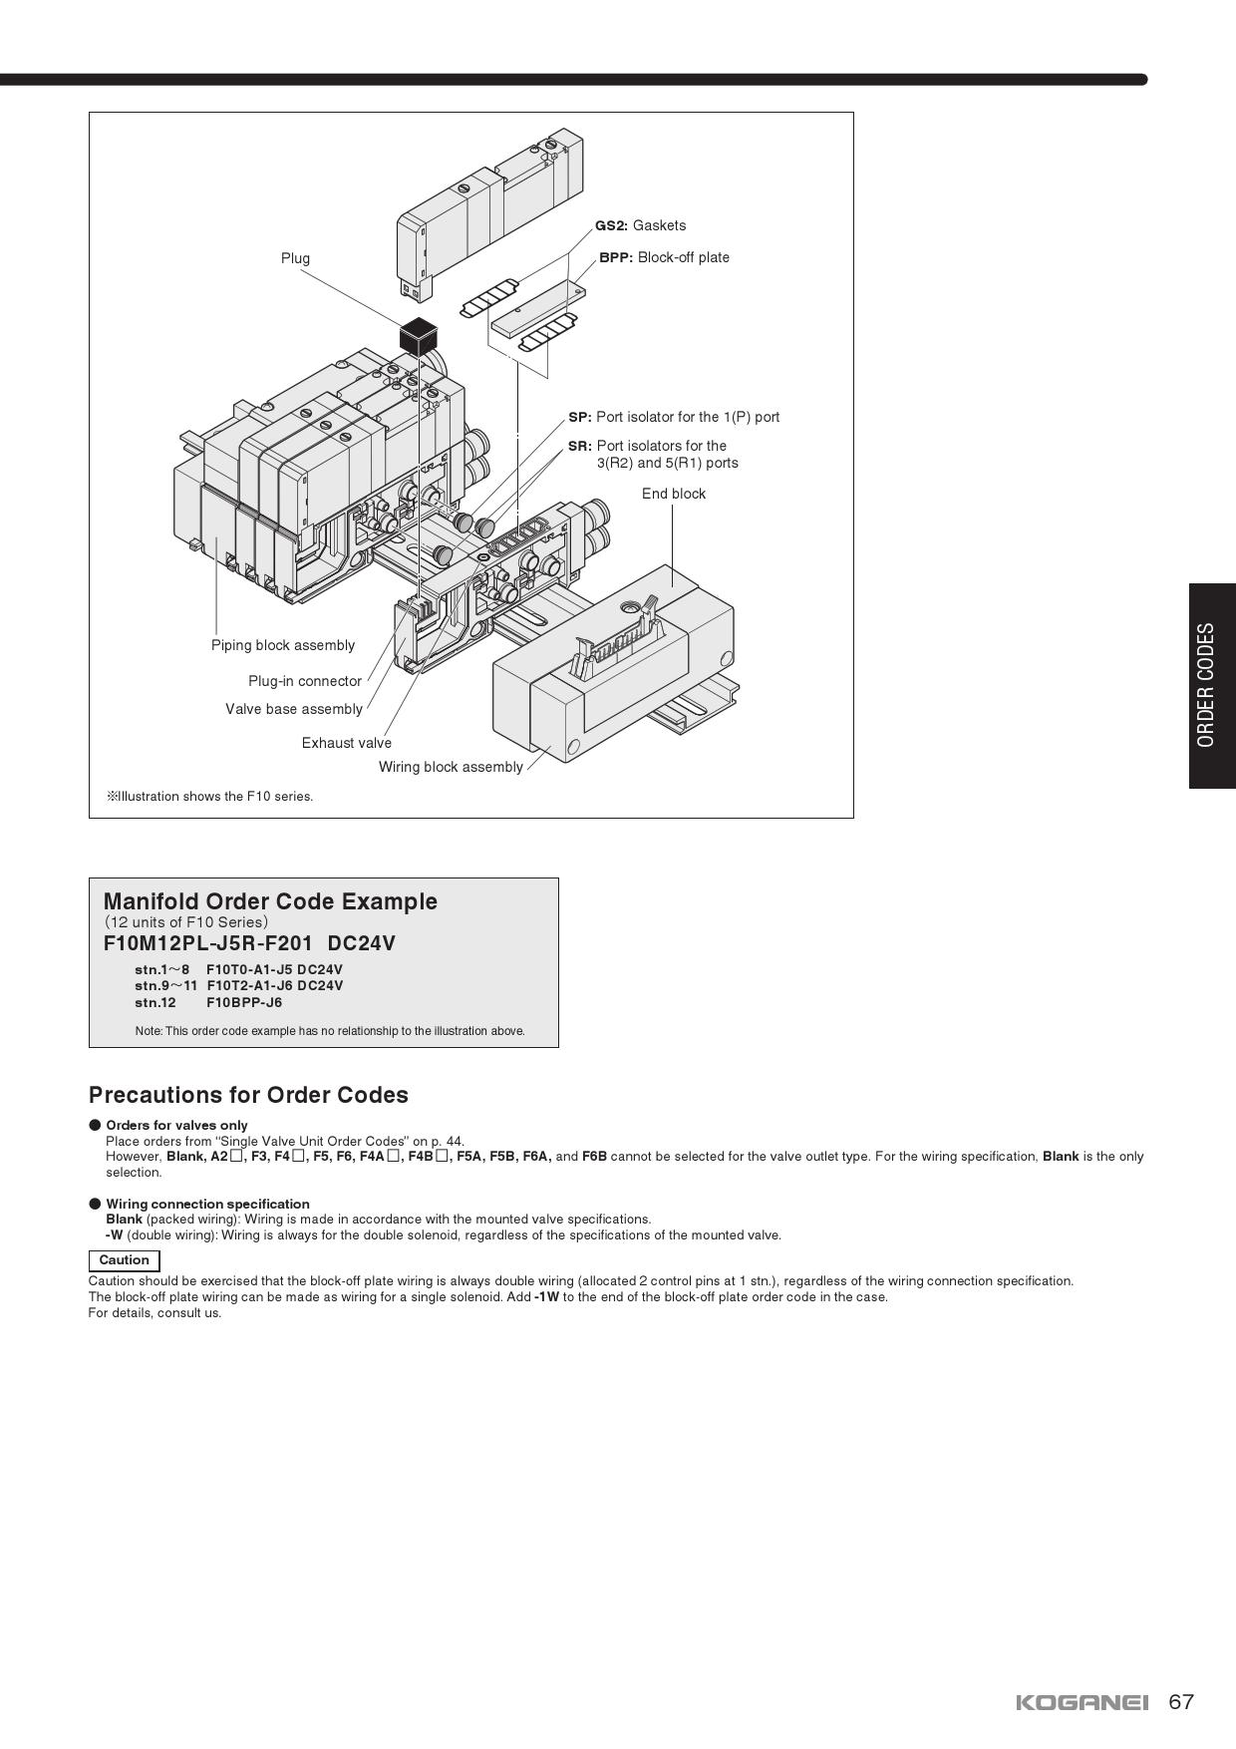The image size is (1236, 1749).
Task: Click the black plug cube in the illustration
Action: coord(421,335)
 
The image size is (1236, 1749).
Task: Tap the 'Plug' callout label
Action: coord(295,258)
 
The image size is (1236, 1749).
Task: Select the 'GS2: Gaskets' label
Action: coord(640,225)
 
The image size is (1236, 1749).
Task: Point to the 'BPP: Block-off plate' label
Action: coord(664,257)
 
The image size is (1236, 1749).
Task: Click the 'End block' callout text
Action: coord(674,494)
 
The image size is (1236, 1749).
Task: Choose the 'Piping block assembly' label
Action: coord(283,645)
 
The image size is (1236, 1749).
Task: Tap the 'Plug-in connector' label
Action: coord(305,681)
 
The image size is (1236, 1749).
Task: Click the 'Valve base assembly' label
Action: coord(294,709)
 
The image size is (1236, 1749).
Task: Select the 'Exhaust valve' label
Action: coord(347,743)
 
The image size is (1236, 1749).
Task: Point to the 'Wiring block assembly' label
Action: coord(451,767)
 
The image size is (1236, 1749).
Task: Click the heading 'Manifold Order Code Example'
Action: coord(270,901)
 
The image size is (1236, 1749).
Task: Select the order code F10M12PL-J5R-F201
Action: coord(208,943)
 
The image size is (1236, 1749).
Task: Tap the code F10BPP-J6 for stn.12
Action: coord(244,1002)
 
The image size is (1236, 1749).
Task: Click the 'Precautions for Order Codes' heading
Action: coord(248,1095)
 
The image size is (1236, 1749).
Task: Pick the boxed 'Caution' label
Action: coord(125,1260)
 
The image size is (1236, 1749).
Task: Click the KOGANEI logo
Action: coord(1081,1702)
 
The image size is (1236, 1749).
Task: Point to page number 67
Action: coord(1181,1702)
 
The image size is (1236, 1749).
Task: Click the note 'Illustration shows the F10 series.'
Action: coord(210,797)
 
